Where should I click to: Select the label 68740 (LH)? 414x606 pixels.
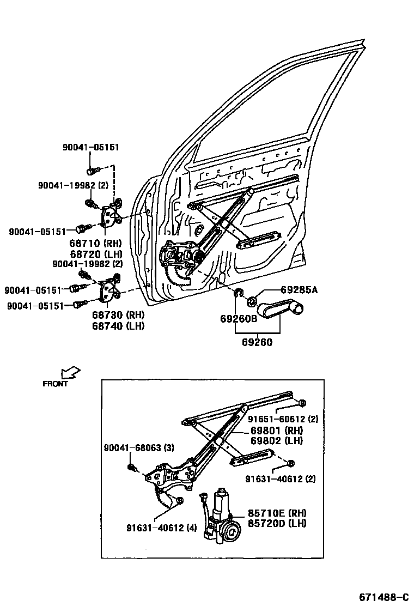(114, 326)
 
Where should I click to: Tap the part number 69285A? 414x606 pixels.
(299, 291)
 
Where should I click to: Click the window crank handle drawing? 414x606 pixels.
(280, 310)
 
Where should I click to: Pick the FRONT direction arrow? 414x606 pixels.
(70, 373)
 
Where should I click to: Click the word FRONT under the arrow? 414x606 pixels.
(56, 384)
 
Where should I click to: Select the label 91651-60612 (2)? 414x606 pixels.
(283, 419)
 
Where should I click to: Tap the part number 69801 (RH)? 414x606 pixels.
(276, 431)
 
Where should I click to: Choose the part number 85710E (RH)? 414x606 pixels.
(277, 513)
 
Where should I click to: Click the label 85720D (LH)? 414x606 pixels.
(277, 523)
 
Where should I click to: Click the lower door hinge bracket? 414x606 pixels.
(111, 289)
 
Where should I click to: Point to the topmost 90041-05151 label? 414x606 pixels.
(90, 147)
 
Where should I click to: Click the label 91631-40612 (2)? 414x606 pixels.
(280, 479)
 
